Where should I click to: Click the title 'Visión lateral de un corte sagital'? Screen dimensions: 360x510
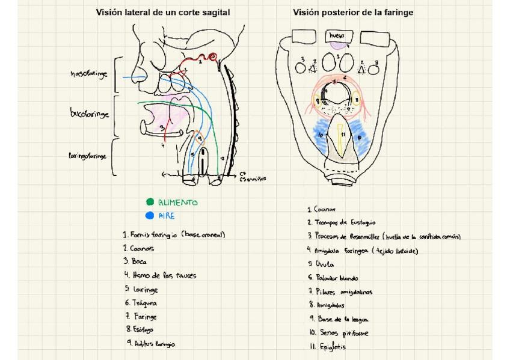pyautogui.click(x=164, y=12)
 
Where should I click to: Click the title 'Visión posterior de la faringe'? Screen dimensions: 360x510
pyautogui.click(x=353, y=12)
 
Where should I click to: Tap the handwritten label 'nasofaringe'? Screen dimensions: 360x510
pyautogui.click(x=88, y=74)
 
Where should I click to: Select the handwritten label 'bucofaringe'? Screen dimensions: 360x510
pyautogui.click(x=90, y=113)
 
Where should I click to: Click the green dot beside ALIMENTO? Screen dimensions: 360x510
pyautogui.click(x=150, y=203)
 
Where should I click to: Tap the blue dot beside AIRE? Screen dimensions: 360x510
pyautogui.click(x=150, y=216)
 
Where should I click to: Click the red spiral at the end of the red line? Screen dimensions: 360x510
pyautogui.click(x=212, y=57)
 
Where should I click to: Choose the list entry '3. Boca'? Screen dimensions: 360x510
pyautogui.click(x=135, y=261)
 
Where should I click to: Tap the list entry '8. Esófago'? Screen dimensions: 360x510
pyautogui.click(x=140, y=329)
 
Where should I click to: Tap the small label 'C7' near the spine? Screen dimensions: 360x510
pyautogui.click(x=242, y=172)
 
